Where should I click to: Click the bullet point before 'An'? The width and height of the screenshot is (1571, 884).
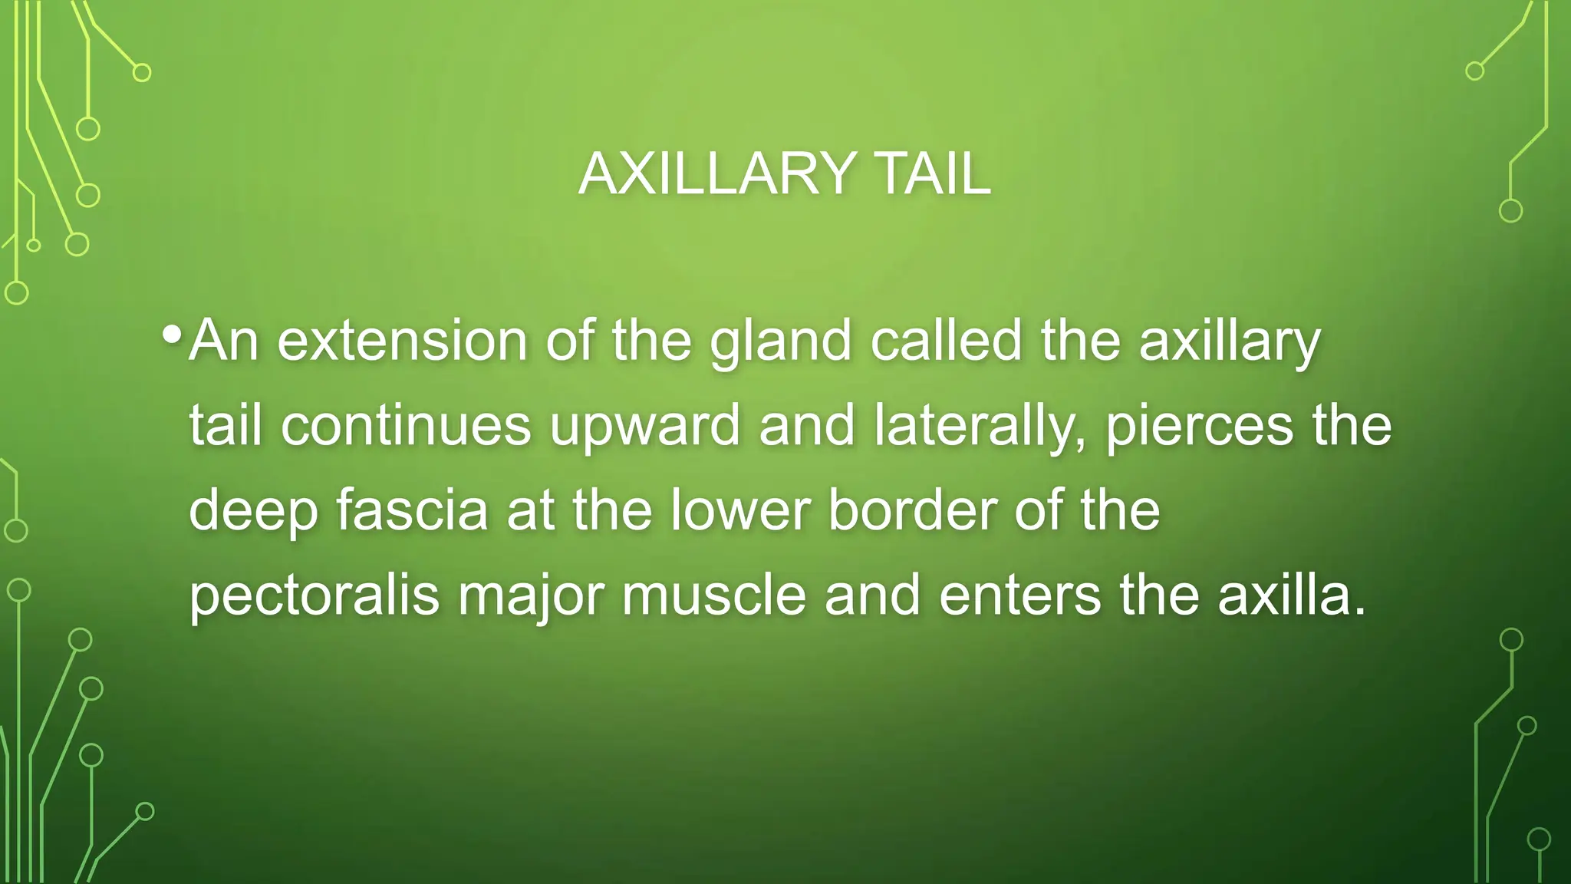(173, 335)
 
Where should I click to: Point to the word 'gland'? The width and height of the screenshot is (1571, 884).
(781, 341)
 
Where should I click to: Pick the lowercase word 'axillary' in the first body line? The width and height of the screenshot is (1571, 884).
(1230, 341)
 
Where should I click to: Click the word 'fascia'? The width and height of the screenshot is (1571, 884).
(412, 510)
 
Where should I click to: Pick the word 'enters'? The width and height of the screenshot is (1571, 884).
(1019, 596)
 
